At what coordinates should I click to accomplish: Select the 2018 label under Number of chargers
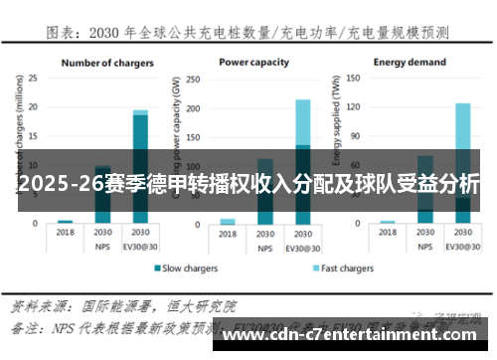pos(65,232)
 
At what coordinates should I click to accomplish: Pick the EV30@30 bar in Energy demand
pos(462,163)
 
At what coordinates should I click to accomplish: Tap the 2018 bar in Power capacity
pos(228,221)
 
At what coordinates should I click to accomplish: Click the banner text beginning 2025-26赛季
pos(248,184)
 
